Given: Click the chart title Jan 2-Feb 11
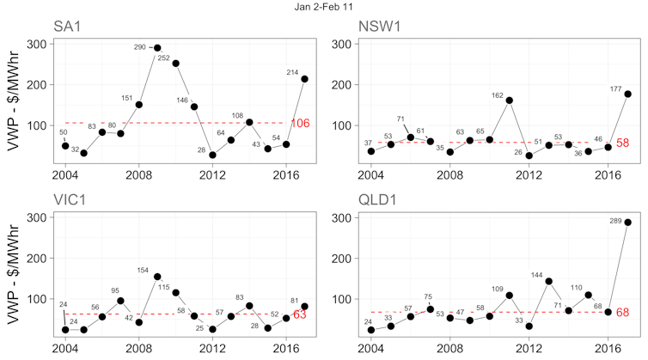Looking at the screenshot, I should pyautogui.click(x=324, y=8).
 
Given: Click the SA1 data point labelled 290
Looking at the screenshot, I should pyautogui.click(x=157, y=47).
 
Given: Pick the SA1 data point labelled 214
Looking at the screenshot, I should pyautogui.click(x=305, y=79).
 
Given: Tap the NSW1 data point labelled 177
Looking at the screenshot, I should pyautogui.click(x=627, y=94).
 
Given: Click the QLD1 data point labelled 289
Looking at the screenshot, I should pyautogui.click(x=627, y=223).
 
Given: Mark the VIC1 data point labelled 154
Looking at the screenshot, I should pyautogui.click(x=157, y=277).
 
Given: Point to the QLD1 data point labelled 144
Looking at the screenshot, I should pyautogui.click(x=548, y=281).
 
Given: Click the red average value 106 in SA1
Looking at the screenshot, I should pyautogui.click(x=300, y=124).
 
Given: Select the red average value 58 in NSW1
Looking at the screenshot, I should pyautogui.click(x=624, y=143).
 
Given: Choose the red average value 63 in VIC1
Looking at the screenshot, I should pyautogui.click(x=300, y=315).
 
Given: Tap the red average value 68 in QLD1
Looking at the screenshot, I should pyautogui.click(x=624, y=313).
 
